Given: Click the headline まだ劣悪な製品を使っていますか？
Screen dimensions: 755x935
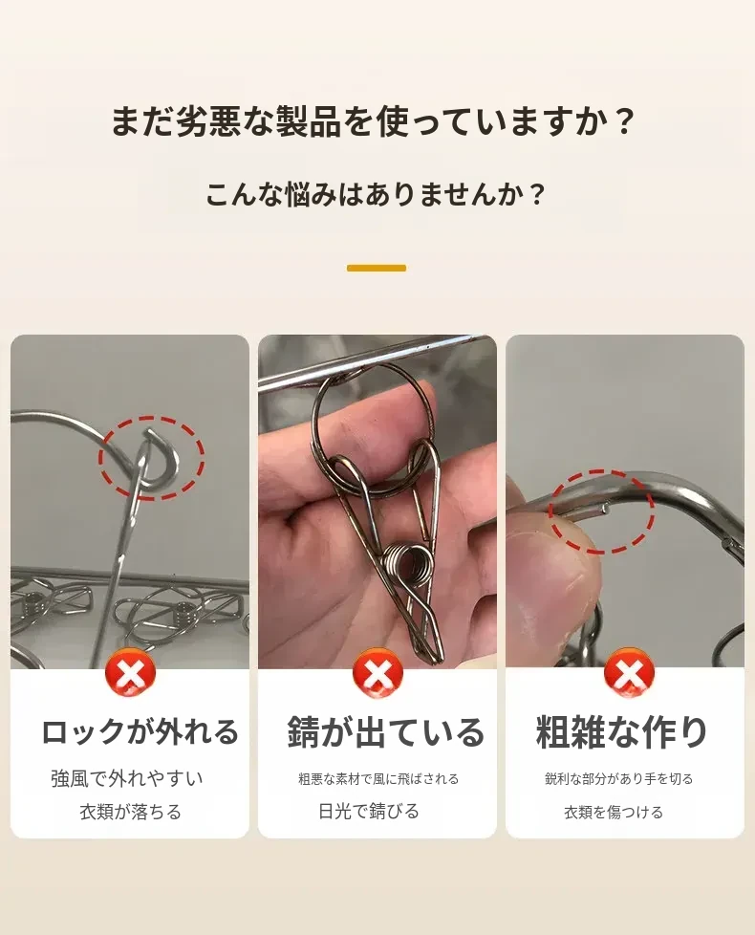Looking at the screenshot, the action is click(x=374, y=121).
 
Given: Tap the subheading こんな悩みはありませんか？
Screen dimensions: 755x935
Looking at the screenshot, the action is click(x=376, y=194).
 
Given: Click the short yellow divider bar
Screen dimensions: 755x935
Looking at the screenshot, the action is click(x=377, y=269).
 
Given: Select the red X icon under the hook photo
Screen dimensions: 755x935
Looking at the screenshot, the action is click(x=130, y=674).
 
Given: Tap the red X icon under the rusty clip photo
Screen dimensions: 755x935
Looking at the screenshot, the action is click(x=377, y=674).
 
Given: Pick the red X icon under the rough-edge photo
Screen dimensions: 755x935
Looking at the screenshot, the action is click(x=629, y=674).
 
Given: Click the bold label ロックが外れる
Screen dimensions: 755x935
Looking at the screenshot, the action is click(x=140, y=731).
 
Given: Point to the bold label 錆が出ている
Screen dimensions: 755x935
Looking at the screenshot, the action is click(x=386, y=731).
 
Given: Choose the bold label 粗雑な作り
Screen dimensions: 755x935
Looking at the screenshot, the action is click(x=621, y=731).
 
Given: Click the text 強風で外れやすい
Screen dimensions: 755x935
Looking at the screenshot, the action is click(x=127, y=779).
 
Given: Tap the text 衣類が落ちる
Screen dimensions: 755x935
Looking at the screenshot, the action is click(x=131, y=812).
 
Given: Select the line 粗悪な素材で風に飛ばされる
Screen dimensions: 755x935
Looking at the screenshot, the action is click(x=378, y=779).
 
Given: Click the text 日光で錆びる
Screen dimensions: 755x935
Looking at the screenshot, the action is click(x=369, y=811).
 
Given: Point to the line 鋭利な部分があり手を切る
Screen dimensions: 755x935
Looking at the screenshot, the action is click(x=619, y=779).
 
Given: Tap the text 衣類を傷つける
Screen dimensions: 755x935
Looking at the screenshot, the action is click(x=614, y=813).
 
